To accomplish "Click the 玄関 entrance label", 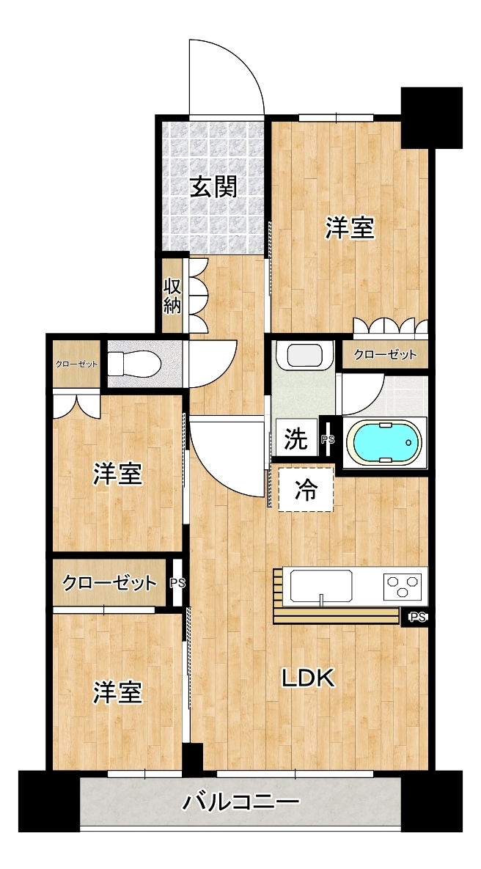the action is [x=214, y=187].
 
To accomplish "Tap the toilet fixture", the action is [x=134, y=364].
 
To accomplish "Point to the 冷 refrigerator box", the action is [x=306, y=489].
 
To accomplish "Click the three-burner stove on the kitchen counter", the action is [x=402, y=586].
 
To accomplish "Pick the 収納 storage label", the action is [x=172, y=296].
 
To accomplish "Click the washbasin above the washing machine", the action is [x=304, y=356].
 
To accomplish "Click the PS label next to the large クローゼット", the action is [x=177, y=583].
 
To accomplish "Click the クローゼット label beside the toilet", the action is [x=76, y=364].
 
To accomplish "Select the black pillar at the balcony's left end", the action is [x=49, y=801].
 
